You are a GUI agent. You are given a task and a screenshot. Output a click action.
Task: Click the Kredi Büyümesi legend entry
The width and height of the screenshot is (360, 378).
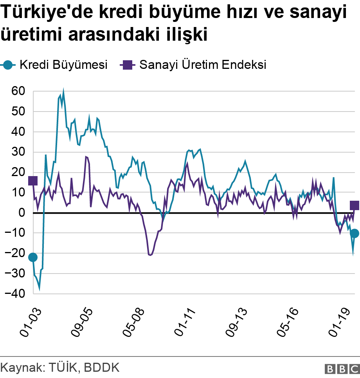tap(55, 65)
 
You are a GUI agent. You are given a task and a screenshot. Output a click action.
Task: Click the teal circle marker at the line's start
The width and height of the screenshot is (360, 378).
tap(33, 257)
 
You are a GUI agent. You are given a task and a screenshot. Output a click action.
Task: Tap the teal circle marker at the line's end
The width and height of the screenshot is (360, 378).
tap(355, 234)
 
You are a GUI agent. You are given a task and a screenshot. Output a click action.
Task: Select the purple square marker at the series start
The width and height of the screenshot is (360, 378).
tap(33, 180)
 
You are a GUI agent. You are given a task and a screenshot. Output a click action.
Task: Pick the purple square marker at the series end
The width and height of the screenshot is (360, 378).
tap(355, 205)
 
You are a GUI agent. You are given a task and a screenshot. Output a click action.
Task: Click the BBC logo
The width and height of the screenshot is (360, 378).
tap(342, 368)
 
